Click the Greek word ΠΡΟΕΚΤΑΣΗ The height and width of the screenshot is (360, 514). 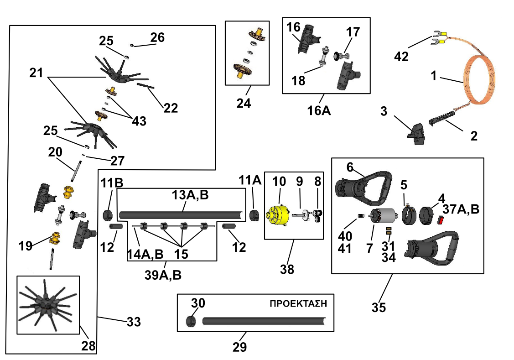point(298,303)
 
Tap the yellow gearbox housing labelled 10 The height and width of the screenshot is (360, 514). point(278,216)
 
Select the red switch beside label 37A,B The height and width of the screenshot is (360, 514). point(440,220)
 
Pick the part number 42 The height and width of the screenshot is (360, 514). point(401,57)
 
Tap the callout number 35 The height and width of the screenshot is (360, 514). point(379,308)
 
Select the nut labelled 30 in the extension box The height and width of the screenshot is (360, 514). point(191,321)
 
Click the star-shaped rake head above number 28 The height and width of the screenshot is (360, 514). point(47,305)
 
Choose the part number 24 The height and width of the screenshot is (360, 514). point(244,103)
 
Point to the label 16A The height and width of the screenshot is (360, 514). point(319,110)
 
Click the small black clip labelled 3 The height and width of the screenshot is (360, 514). point(416,134)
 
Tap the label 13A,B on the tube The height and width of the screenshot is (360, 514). point(190,195)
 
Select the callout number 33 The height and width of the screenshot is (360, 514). point(134,322)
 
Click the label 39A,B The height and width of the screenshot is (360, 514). point(163,275)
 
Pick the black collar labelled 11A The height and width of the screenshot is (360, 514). point(254,215)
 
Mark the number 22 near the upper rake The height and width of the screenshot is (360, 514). point(171,108)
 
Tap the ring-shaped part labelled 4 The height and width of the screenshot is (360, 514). point(426,215)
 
